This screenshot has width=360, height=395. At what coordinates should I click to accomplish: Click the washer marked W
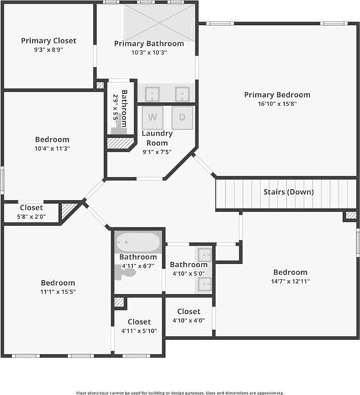coord(153,118)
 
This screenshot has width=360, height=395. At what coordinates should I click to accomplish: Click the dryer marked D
coord(182,118)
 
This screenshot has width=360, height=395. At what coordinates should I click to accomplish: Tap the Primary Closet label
coord(48,41)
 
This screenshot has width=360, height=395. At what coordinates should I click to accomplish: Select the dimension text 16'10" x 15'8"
coord(277,103)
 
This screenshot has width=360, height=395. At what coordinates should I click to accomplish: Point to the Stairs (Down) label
coord(289,192)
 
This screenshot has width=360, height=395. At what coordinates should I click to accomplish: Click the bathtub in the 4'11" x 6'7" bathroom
coord(138,242)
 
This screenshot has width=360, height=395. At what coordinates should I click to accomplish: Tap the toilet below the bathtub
coord(125,272)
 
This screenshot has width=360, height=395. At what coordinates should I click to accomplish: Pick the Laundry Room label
coord(157,138)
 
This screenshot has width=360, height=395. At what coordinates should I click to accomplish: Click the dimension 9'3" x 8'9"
coord(48,50)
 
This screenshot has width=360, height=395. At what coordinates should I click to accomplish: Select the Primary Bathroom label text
coord(149,44)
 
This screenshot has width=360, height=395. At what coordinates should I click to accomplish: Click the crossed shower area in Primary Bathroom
coord(159,23)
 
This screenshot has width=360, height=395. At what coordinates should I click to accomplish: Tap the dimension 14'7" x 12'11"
coord(290,282)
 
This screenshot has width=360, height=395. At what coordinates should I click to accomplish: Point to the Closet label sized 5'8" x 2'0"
coord(31,208)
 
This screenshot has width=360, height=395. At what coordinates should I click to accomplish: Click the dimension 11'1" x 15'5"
coord(58,292)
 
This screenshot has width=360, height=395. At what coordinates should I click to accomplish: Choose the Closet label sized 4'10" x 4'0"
coord(189,312)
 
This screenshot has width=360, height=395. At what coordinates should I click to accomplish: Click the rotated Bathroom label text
coord(124,109)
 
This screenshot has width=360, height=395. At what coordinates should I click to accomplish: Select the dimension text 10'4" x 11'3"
coord(52,149)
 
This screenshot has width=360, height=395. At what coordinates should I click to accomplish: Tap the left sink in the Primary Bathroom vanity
coord(153,94)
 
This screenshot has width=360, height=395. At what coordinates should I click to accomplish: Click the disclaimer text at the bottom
coord(180,393)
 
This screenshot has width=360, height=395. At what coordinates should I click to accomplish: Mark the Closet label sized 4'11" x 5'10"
coord(139,322)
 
